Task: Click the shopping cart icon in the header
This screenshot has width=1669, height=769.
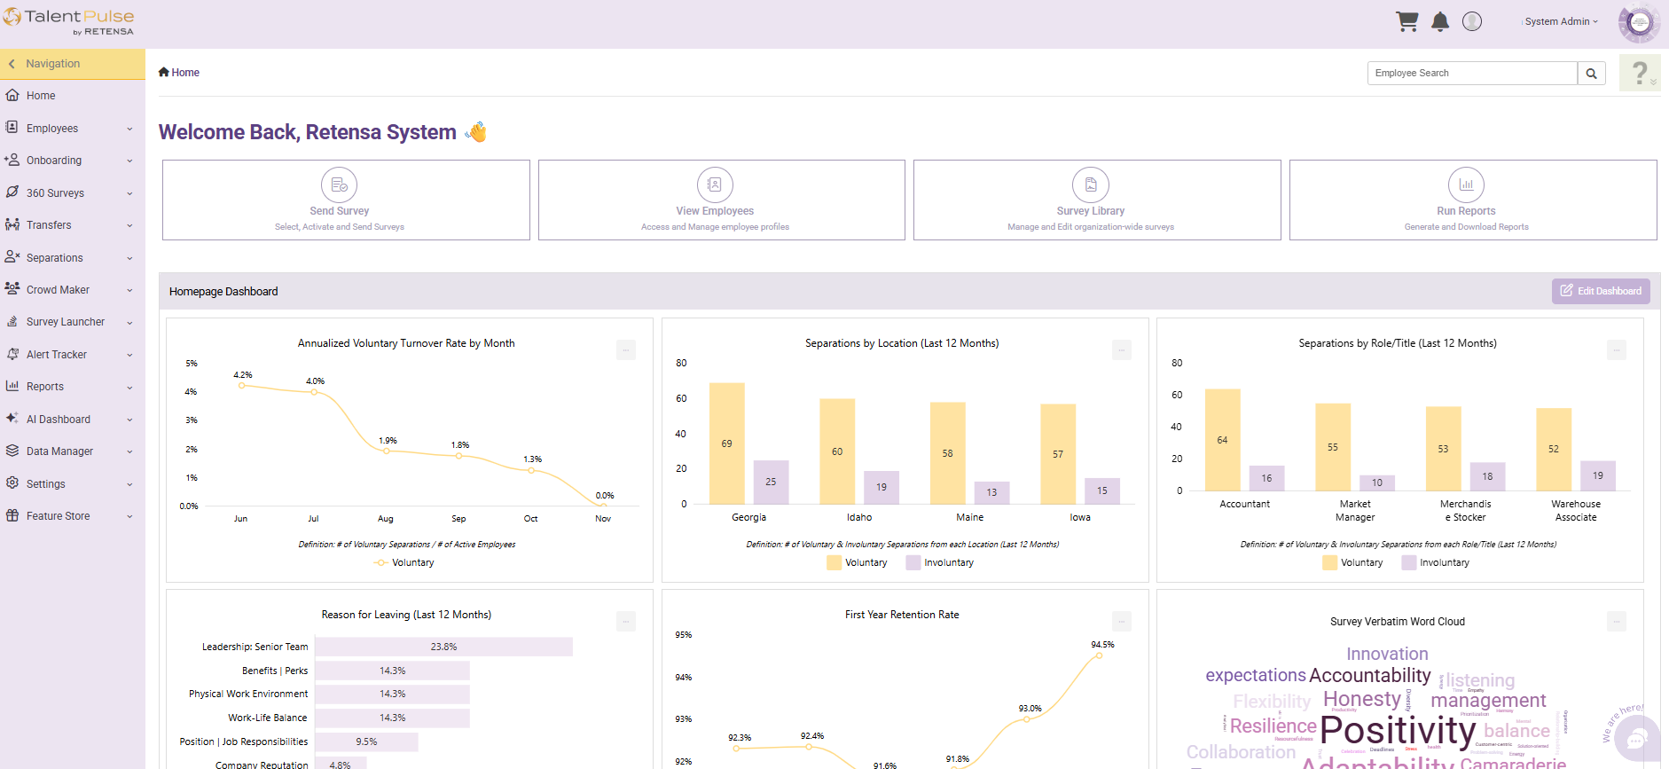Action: point(1407,21)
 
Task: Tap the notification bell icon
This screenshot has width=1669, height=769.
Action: point(1440,22)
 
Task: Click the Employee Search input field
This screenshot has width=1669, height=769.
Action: point(1472,73)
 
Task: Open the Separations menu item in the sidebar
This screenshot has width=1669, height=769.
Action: point(55,258)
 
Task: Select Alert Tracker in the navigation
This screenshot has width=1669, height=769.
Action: point(57,355)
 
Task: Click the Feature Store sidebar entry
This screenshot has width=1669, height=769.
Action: point(59,516)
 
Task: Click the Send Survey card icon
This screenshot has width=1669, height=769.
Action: point(339,184)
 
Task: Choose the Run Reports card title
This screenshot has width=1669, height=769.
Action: point(1466,211)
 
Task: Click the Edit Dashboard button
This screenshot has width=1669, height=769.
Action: point(1601,291)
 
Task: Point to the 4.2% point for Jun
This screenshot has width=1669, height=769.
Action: point(241,385)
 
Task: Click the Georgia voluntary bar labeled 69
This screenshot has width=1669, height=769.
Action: point(726,443)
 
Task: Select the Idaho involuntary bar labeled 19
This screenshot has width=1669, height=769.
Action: point(882,487)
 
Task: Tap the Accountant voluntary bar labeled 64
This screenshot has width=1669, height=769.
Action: point(1222,440)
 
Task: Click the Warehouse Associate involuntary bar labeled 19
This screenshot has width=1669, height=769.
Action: point(1597,475)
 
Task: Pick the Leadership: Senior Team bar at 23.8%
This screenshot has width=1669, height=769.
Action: point(443,647)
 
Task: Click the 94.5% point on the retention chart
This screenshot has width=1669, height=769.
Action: point(1100,655)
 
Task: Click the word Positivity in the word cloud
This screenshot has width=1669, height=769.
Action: point(1398,731)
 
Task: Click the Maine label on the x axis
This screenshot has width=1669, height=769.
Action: point(969,517)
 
